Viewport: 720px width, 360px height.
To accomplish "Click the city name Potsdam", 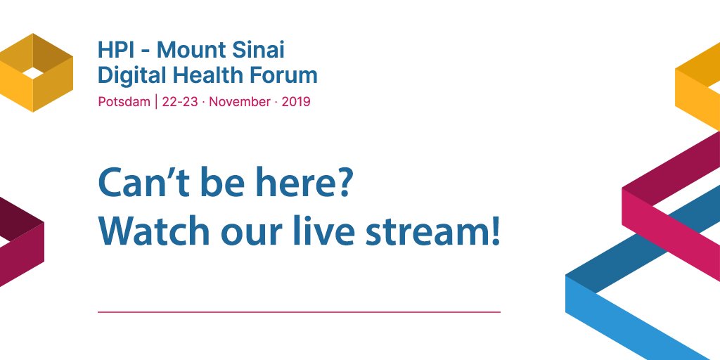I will (x=124, y=101).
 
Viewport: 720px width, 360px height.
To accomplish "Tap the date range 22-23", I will (x=180, y=101).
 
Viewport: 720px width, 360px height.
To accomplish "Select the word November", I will (x=239, y=101).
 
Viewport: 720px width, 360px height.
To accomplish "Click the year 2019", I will (x=296, y=101).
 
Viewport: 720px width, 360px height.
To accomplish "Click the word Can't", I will (x=136, y=184).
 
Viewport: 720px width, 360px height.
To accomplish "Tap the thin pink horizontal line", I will (x=299, y=311).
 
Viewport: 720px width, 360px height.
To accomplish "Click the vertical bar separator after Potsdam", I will (x=156, y=101).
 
